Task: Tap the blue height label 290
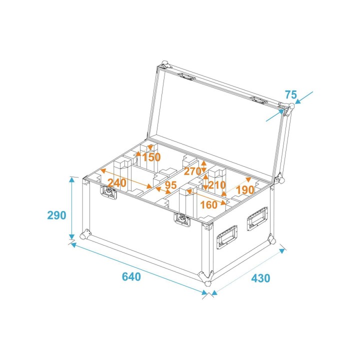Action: point(56,215)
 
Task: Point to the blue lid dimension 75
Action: point(291,94)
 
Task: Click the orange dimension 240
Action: point(116,183)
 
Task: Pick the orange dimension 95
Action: point(170,185)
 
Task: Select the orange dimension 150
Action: point(151,157)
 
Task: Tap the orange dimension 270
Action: point(192,171)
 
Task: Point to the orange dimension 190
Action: point(245,190)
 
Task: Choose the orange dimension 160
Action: point(208,204)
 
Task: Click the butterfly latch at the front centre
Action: point(182,219)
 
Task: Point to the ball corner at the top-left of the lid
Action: point(163,65)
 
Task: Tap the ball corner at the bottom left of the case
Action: point(86,234)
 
